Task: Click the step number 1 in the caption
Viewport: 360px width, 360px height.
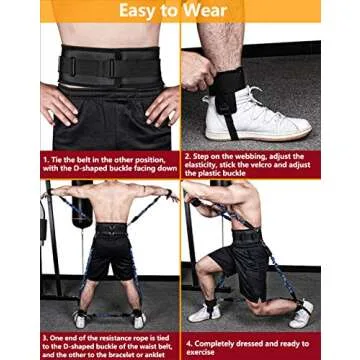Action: click(44, 158)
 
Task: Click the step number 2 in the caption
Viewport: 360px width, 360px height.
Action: click(187, 158)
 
